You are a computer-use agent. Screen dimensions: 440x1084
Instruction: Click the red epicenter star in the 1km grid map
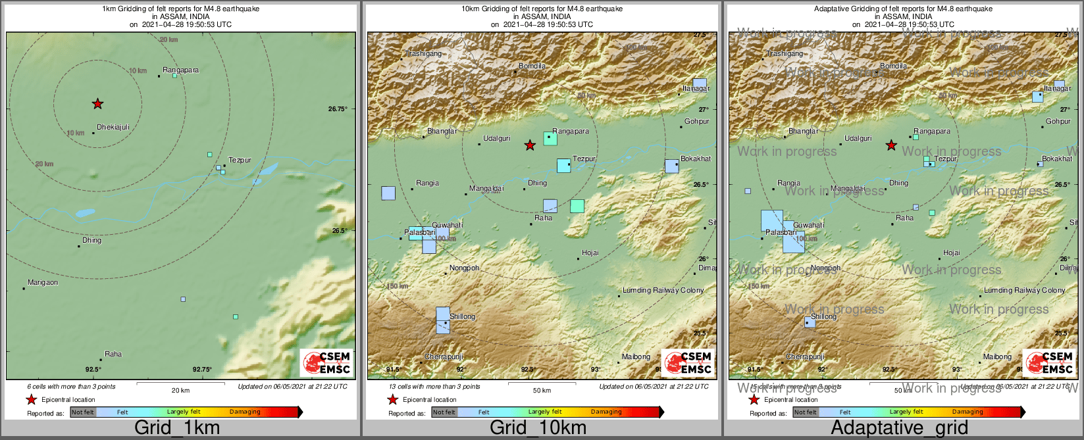coord(97,103)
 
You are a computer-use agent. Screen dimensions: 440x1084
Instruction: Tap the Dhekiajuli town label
coord(113,127)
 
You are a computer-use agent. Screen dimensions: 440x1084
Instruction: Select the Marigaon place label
coord(43,282)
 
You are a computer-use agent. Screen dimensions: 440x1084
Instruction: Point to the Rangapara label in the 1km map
coord(181,70)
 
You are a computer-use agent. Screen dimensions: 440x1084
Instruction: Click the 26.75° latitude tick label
coord(337,109)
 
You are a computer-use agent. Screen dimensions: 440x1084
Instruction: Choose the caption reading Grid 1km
coord(177,428)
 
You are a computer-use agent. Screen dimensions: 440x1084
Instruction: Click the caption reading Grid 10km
coord(538,428)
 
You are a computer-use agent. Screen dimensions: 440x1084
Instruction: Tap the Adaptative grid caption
coord(899,428)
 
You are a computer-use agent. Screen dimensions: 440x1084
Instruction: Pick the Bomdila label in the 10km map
coord(532,66)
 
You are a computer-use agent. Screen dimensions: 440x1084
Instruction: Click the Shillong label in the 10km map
coord(463,316)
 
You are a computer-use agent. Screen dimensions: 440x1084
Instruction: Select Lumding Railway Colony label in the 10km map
coord(663,290)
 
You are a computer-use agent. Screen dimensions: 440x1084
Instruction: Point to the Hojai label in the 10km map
coord(590,253)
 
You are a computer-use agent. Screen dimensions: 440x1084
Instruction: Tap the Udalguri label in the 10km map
coord(497,138)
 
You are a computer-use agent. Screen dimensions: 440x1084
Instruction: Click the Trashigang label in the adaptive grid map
coord(785,53)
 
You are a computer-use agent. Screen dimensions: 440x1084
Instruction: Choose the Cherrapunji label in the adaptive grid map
coord(805,356)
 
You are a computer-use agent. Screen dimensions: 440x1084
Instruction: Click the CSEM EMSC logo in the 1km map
coord(326,362)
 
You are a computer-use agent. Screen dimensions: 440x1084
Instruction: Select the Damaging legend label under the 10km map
coord(606,412)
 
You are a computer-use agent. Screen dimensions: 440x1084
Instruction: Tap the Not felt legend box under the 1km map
coord(83,412)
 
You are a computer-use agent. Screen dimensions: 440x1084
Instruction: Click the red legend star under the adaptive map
coord(754,399)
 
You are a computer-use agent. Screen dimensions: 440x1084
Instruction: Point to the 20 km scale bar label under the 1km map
coord(180,390)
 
